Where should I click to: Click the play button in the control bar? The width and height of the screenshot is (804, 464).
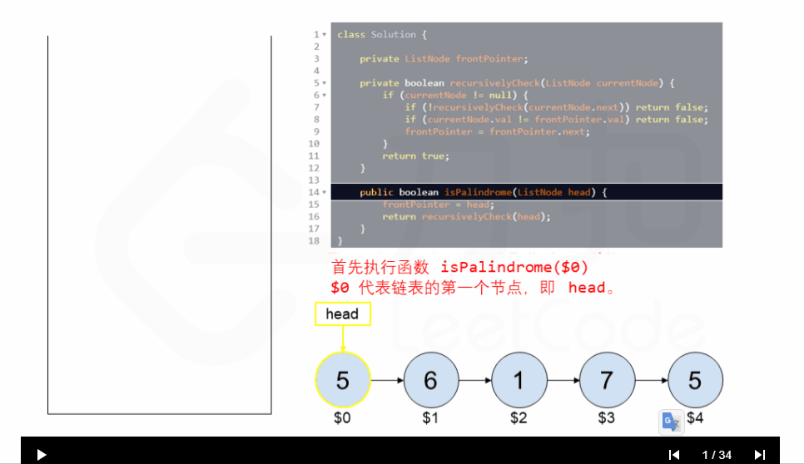tap(42, 455)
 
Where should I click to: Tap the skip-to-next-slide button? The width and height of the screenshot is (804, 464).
tap(759, 455)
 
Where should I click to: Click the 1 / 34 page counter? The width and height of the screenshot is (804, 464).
tap(717, 455)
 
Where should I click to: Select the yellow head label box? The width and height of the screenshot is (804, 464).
tap(342, 313)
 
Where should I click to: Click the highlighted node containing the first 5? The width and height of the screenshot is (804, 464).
tap(342, 380)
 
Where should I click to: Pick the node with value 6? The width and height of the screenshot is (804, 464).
tap(430, 380)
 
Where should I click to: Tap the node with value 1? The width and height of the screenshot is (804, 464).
tap(519, 380)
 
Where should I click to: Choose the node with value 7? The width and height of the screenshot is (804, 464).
tap(607, 380)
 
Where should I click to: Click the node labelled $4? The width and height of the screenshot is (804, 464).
tap(695, 380)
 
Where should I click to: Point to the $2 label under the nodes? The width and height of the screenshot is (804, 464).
tap(519, 417)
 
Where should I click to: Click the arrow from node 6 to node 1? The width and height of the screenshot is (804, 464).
tap(474, 380)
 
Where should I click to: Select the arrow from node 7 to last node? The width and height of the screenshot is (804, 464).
tap(651, 380)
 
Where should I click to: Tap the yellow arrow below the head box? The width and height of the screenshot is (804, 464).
tap(342, 338)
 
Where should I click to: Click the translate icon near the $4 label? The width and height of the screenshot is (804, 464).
tap(672, 422)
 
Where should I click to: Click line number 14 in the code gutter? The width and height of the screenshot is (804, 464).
tap(314, 192)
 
